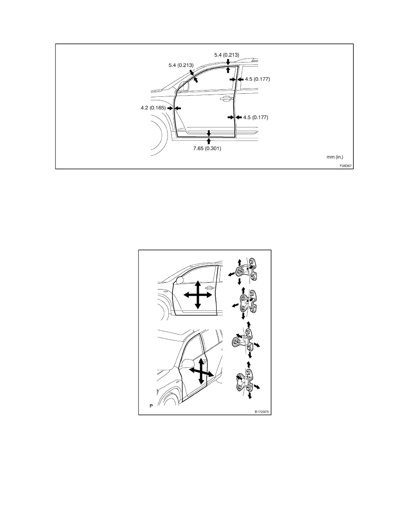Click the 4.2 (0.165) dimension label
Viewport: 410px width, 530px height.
pos(153,108)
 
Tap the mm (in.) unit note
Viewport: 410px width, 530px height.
pos(336,157)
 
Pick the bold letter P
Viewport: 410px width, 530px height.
pos(151,406)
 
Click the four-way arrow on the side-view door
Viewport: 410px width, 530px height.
pos(197,294)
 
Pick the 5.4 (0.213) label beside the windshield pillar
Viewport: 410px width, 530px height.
pos(181,65)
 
